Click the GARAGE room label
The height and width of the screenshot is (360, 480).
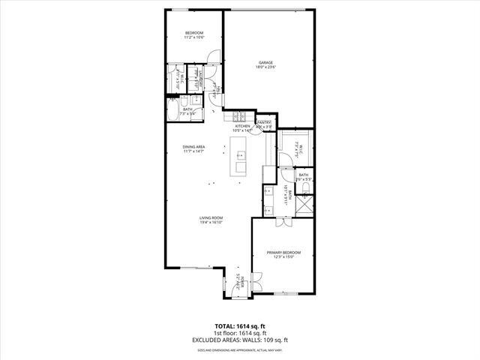(x=265, y=62)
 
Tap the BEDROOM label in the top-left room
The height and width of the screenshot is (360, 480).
(x=194, y=32)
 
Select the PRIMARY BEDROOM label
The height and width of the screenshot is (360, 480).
(x=283, y=252)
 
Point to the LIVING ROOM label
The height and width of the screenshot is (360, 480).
(x=211, y=217)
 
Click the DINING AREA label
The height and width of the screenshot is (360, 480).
(x=193, y=146)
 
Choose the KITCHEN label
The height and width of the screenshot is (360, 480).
(x=243, y=126)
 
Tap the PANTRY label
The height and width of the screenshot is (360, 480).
(x=265, y=122)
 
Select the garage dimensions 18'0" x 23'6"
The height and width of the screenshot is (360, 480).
(x=265, y=67)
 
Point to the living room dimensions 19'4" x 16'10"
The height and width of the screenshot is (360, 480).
(x=211, y=223)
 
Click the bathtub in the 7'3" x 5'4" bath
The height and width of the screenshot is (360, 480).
(x=175, y=114)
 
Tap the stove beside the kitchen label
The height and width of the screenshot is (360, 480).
(x=238, y=116)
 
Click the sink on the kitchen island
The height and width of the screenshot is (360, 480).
(x=241, y=156)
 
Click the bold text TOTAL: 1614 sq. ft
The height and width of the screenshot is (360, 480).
(x=239, y=327)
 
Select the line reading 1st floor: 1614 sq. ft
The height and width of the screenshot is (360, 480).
(x=239, y=334)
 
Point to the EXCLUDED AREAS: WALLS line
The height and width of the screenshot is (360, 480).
(x=239, y=340)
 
